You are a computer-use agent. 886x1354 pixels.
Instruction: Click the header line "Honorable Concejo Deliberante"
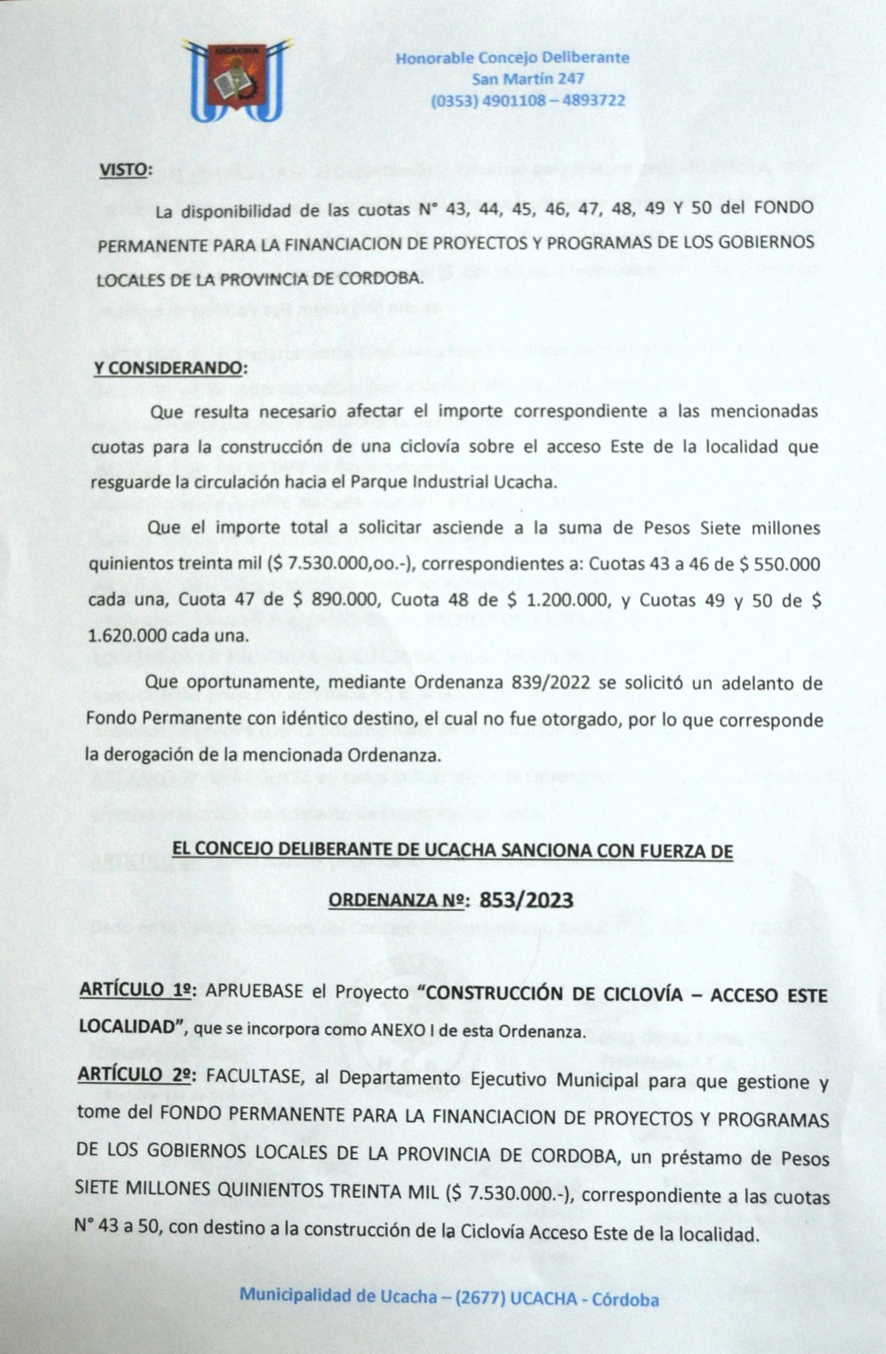512,58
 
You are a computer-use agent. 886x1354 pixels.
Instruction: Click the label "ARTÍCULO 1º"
135,991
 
